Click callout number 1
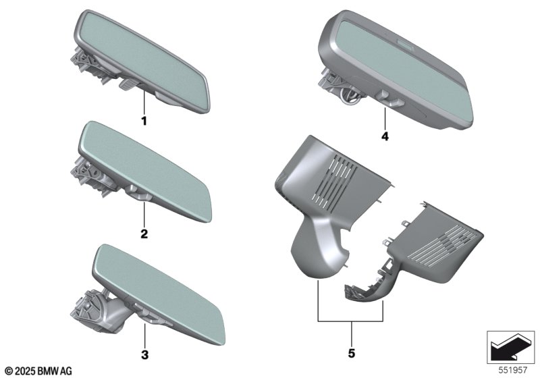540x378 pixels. point(144,121)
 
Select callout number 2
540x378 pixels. point(144,234)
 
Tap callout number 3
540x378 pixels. point(145,354)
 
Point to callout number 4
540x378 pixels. point(385,136)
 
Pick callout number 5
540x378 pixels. point(352,353)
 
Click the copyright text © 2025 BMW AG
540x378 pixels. point(39,371)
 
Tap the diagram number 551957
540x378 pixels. point(513,370)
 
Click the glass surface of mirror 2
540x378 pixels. point(145,171)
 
